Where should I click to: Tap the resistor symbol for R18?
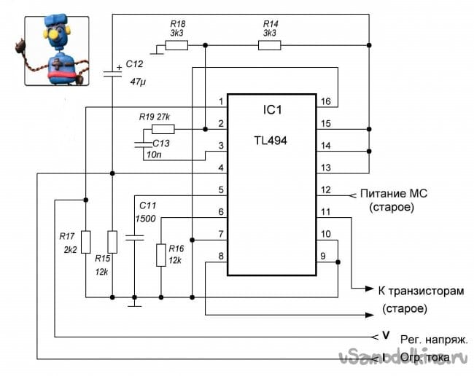(176, 45)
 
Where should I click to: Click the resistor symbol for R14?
(270, 45)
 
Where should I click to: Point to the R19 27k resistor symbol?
(163, 129)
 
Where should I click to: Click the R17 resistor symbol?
(85, 240)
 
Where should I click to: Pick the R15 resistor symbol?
(112, 240)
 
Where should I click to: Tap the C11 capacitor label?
(147, 206)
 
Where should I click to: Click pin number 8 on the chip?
(220, 256)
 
